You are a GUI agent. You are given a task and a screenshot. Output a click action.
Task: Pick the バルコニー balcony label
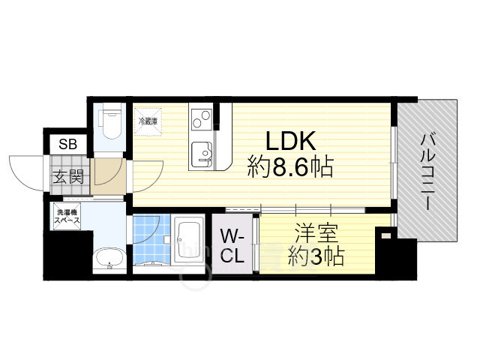tap(428, 172)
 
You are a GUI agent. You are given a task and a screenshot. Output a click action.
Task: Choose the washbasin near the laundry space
tap(111, 259)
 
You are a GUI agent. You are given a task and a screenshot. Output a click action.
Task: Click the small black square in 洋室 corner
tap(385, 235)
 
